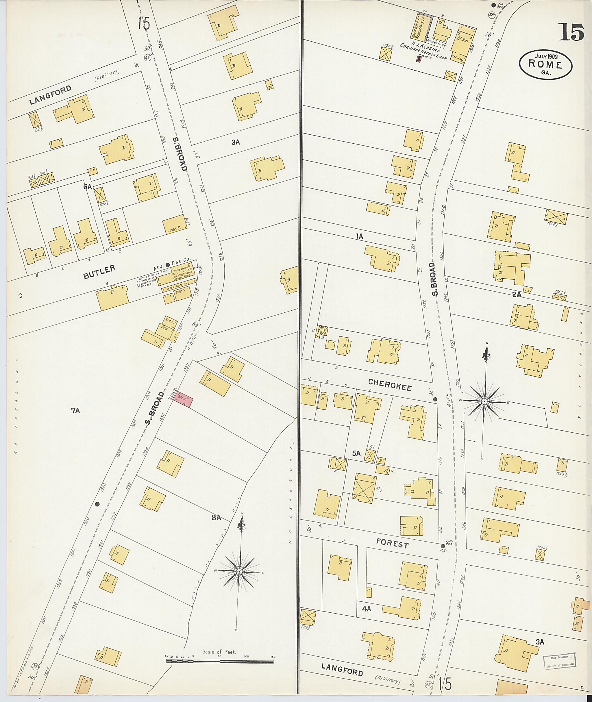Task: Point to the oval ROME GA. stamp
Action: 545,64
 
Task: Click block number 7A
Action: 75,410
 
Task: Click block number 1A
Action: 359,236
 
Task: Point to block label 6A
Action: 88,187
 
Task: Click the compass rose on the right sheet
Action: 484,401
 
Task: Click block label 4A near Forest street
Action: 366,608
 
